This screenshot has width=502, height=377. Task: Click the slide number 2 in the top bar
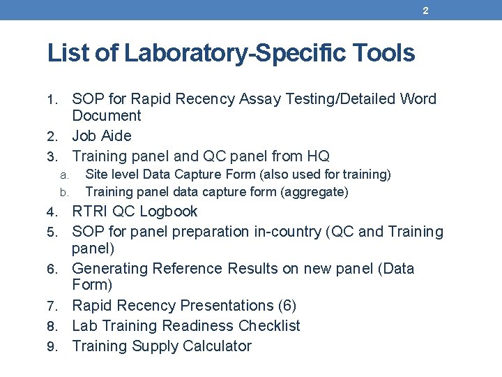point(425,10)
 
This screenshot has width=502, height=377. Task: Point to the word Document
point(107,116)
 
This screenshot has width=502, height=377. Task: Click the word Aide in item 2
point(116,135)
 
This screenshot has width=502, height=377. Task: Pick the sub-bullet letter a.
point(63,175)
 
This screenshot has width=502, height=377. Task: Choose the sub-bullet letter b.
point(63,192)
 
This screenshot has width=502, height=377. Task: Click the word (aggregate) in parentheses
point(313,191)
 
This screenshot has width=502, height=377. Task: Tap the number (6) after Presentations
point(287,306)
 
